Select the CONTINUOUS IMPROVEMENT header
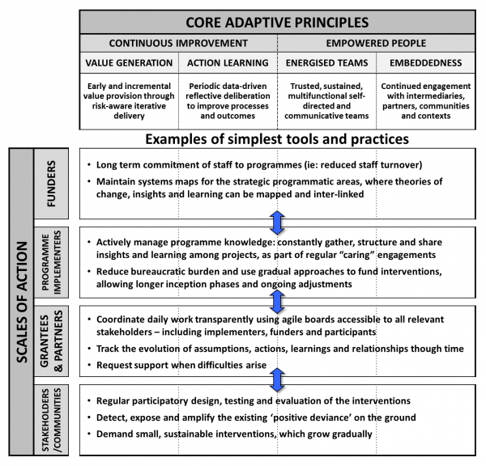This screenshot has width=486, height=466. pos(178,43)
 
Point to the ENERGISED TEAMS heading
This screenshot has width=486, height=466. pos(326,62)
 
